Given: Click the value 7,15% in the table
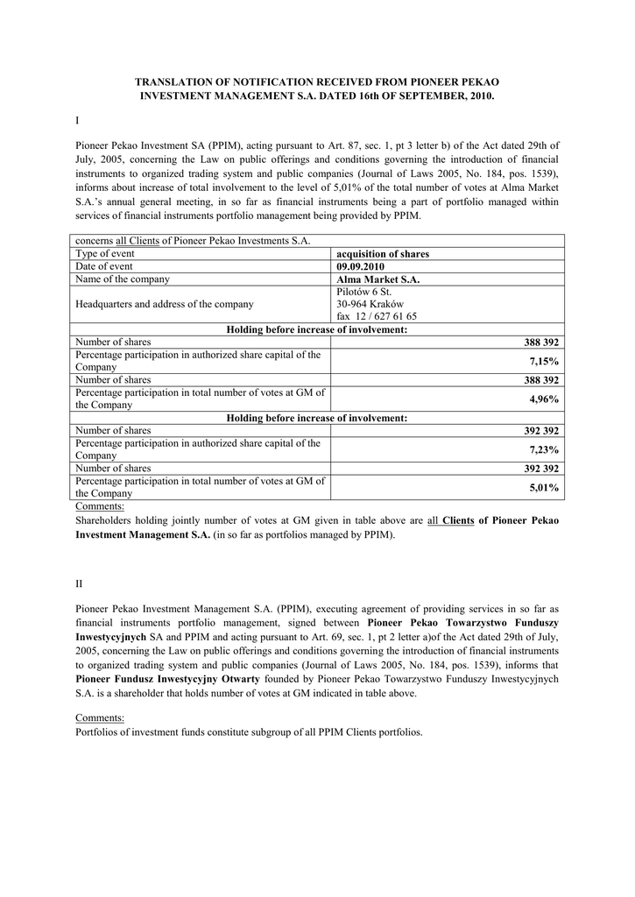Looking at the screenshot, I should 547,361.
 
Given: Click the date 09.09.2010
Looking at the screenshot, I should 360,266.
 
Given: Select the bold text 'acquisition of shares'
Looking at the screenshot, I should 383,254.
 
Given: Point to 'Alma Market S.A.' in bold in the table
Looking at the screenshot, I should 377,279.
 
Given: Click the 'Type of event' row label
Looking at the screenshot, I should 105,254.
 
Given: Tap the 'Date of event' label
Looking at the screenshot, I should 104,266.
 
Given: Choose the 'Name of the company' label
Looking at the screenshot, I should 123,279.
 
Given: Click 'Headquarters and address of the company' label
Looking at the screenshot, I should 165,304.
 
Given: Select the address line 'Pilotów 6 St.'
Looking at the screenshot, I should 363,292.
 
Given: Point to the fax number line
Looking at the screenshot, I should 377,316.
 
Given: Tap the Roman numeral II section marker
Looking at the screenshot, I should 79,583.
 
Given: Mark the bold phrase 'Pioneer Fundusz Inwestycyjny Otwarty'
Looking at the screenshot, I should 167,680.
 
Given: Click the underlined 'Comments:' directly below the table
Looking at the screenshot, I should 100,506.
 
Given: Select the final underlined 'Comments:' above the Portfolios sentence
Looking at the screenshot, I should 100,718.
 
